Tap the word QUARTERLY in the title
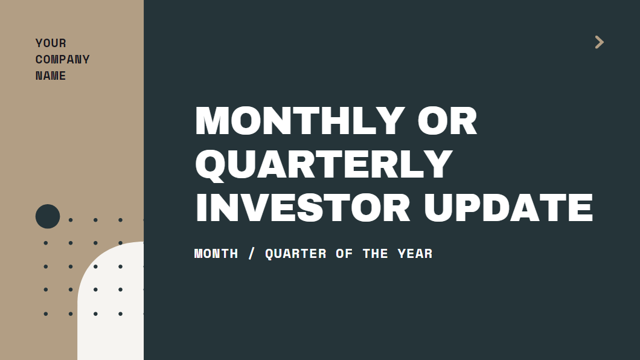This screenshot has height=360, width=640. point(324,164)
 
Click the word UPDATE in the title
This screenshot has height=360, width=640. point(508,208)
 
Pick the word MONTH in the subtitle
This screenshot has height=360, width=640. point(216,254)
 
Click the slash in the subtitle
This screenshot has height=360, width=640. point(252,254)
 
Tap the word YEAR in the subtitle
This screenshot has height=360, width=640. point(415,254)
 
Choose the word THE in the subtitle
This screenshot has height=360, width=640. point(376,254)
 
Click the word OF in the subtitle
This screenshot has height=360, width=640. point(344,254)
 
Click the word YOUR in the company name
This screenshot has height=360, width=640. point(51,43)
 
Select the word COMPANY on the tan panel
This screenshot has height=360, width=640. point(62,60)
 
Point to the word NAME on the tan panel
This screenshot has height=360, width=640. point(51,76)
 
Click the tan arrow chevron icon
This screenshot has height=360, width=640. point(599,42)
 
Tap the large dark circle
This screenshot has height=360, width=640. point(48,217)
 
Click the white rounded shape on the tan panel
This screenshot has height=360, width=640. point(112,308)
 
